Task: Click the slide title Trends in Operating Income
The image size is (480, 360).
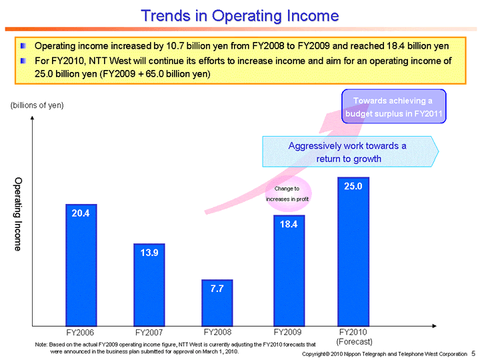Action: [239, 15]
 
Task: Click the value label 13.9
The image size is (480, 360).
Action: [149, 253]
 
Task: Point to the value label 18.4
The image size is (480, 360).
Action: [288, 224]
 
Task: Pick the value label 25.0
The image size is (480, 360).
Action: [353, 187]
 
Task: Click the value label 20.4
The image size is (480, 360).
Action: [81, 213]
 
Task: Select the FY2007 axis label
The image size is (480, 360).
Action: [149, 332]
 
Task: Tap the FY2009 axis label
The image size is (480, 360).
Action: [288, 331]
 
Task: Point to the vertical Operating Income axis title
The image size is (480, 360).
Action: [18, 214]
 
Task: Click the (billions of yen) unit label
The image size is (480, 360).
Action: [37, 106]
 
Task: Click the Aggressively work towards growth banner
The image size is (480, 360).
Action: [348, 152]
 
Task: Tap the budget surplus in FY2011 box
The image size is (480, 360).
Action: [393, 107]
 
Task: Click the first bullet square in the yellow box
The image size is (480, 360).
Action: [24, 47]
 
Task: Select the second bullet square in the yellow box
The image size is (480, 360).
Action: [24, 61]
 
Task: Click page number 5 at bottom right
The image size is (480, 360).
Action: [473, 353]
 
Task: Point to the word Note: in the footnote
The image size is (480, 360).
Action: [41, 343]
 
